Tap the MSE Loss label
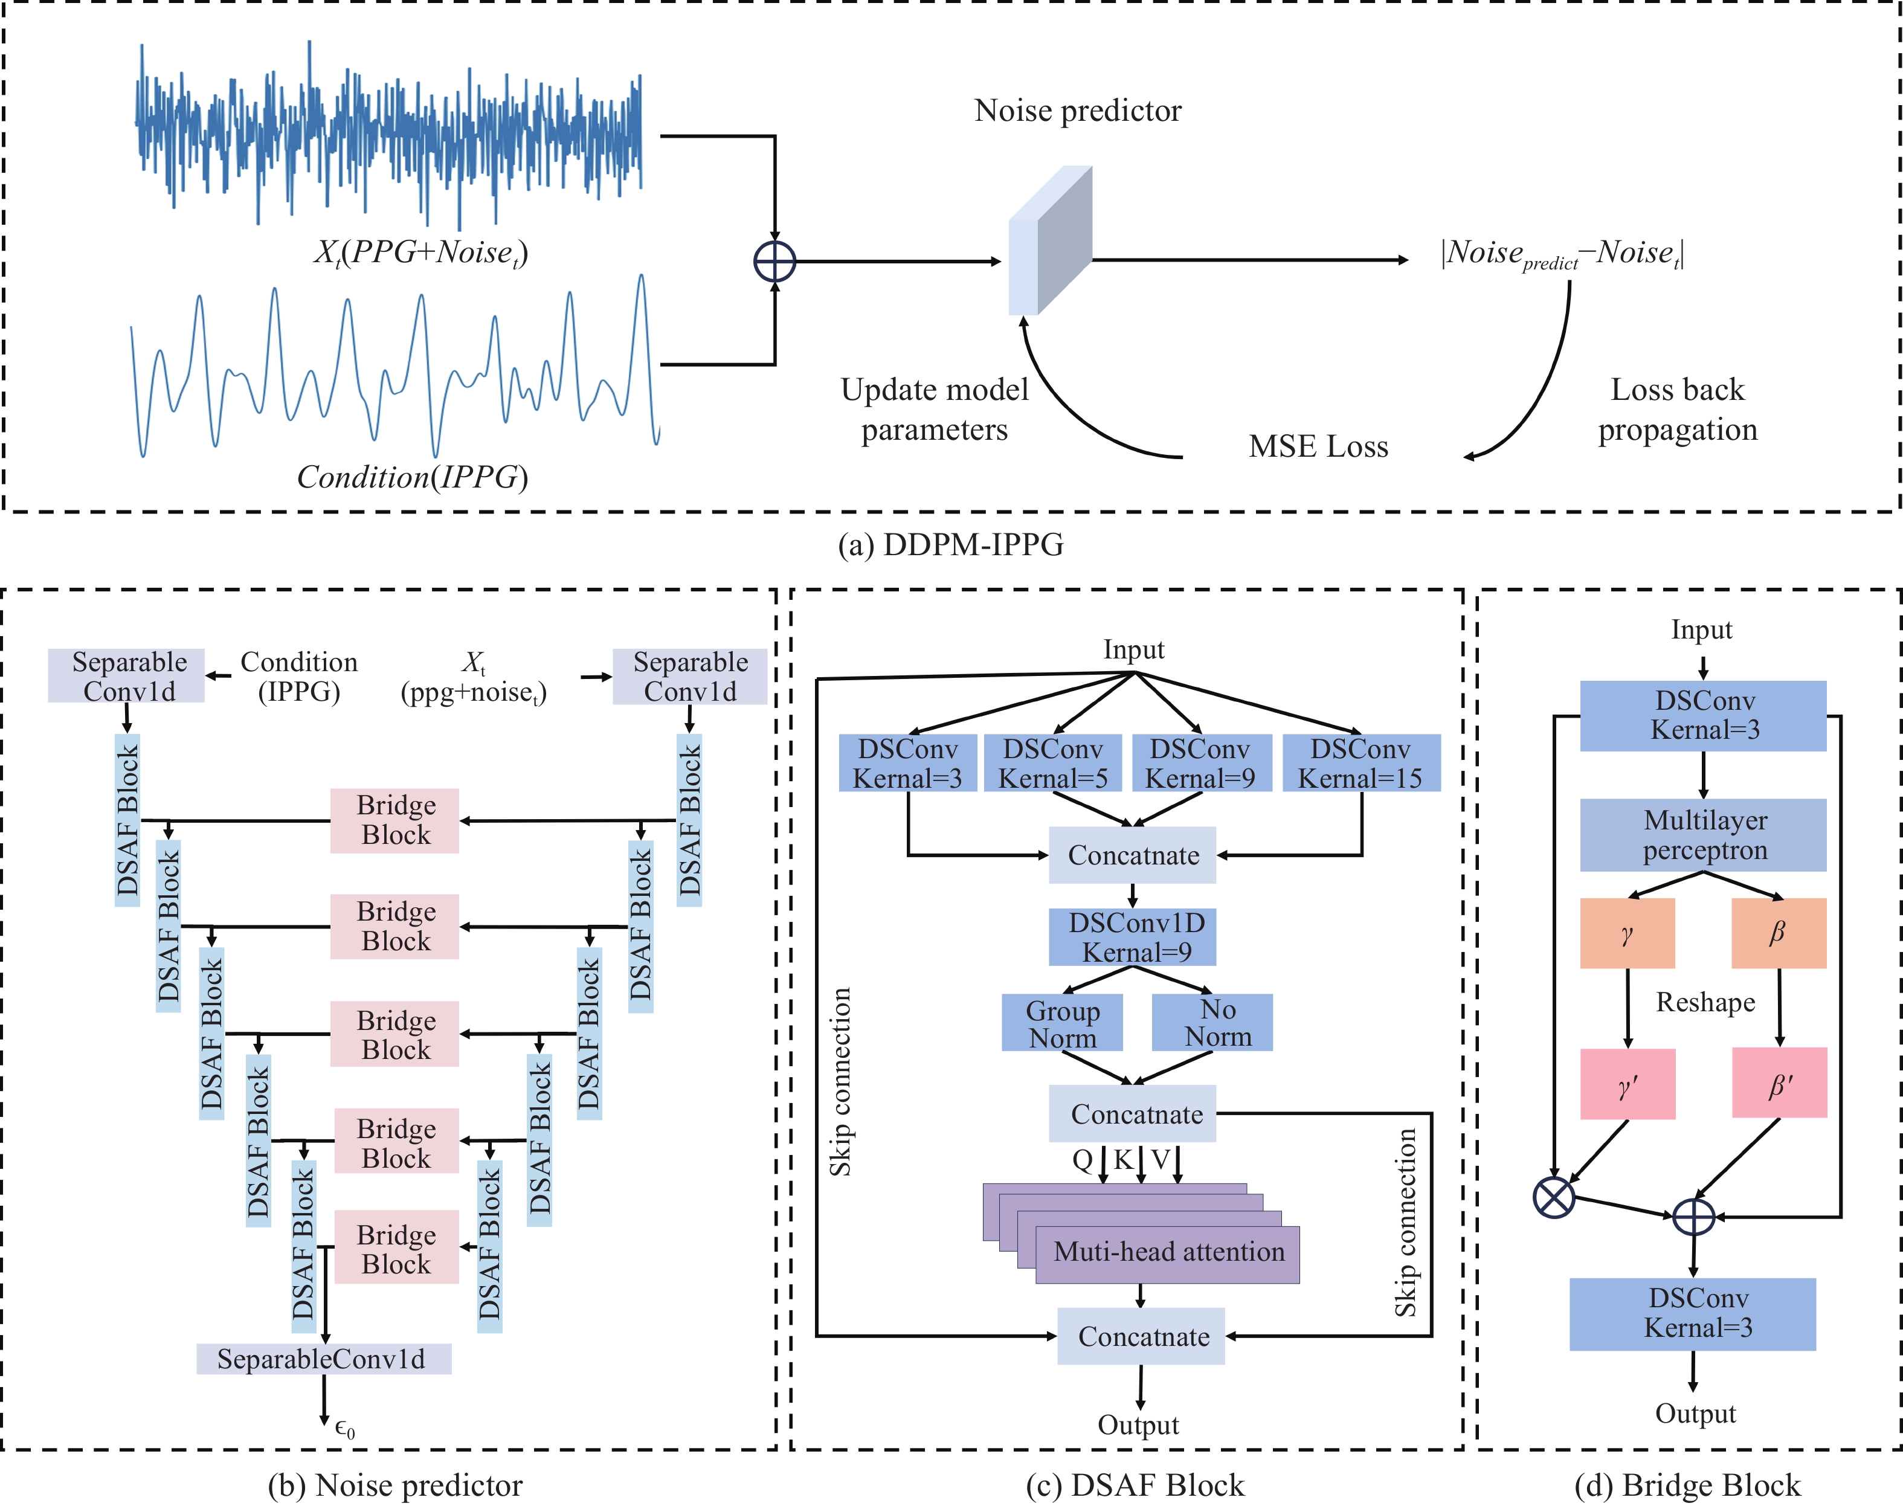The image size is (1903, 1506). point(1318,446)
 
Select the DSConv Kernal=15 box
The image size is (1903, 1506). point(1360,763)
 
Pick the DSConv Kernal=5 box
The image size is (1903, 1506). point(1053,763)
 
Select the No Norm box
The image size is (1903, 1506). point(1212,1023)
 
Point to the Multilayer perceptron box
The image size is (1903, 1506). point(1703,835)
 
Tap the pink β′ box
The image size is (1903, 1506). point(1779,1084)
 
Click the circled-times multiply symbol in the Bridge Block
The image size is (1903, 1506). point(1554,1197)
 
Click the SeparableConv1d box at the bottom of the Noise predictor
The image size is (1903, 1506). point(324,1359)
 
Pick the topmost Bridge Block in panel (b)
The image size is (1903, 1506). point(395,820)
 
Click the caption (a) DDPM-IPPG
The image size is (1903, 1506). point(951,545)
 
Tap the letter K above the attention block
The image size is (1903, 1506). point(1122,1159)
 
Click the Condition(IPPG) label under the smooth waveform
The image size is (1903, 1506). point(412,477)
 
